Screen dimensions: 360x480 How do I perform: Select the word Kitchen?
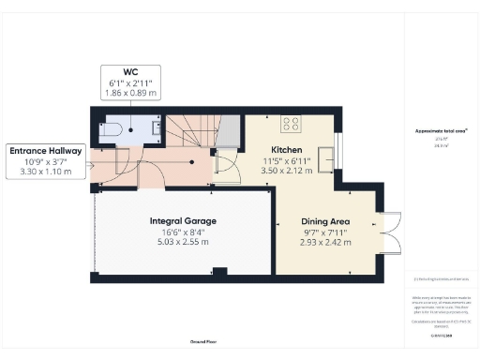(x=286, y=150)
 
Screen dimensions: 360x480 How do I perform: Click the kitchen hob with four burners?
(x=290, y=122)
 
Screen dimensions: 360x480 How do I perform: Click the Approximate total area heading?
(x=440, y=131)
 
